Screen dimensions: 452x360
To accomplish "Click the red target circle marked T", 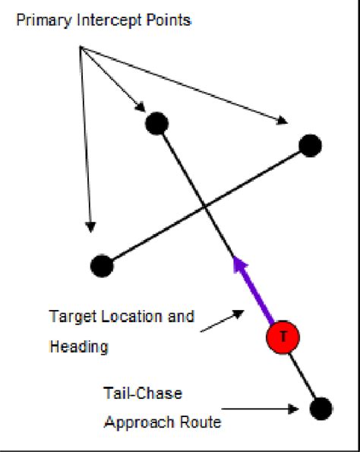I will click(283, 337).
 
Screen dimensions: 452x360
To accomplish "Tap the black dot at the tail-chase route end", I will click(321, 408).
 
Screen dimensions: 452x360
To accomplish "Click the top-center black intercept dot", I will click(156, 122).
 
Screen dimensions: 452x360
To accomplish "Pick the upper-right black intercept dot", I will click(310, 145).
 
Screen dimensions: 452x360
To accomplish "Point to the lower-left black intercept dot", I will click(102, 266).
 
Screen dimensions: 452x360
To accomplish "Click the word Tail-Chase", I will click(132, 393).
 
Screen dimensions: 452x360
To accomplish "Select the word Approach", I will click(133, 422).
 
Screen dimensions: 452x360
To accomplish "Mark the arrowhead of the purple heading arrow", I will click(240, 265).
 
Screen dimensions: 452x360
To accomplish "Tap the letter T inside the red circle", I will click(283, 337).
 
